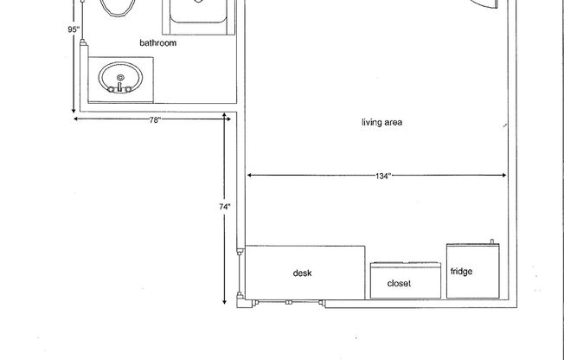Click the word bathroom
point(158,42)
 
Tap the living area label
point(381,122)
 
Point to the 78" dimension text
point(154,120)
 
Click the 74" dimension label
point(223,207)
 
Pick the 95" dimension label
point(74,29)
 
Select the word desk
point(302,273)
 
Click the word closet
point(399,283)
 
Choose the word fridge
point(461,272)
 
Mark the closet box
point(405,280)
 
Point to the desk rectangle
point(305,273)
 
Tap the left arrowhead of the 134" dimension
point(251,177)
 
